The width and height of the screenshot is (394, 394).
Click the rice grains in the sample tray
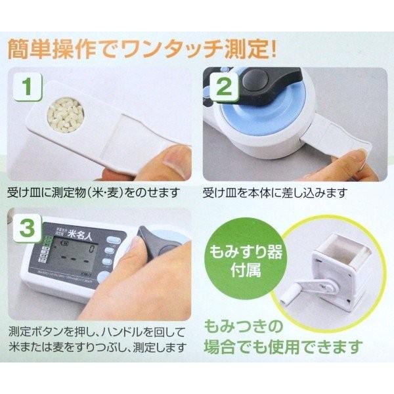[64, 120]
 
